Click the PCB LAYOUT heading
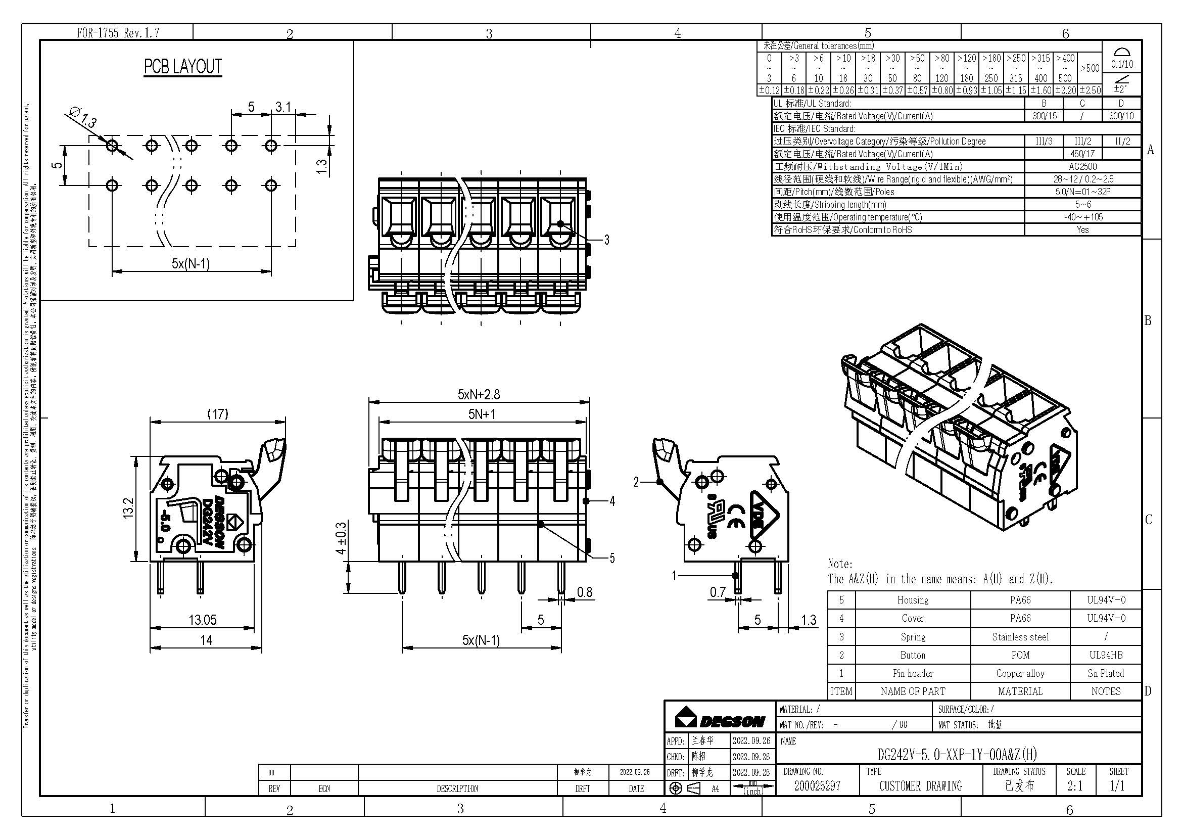click(183, 67)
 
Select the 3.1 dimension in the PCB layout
click(283, 107)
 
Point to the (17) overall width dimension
click(217, 414)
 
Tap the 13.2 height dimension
click(128, 507)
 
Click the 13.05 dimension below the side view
click(202, 620)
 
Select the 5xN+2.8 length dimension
click(478, 395)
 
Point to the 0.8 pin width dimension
click(584, 592)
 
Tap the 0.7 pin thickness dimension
click(718, 592)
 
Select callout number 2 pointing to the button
click(636, 482)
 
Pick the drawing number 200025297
click(817, 786)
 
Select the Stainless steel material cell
click(1020, 637)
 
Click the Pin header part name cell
click(912, 673)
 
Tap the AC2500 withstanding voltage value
click(1082, 167)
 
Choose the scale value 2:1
click(1074, 786)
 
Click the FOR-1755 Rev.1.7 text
click(118, 33)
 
